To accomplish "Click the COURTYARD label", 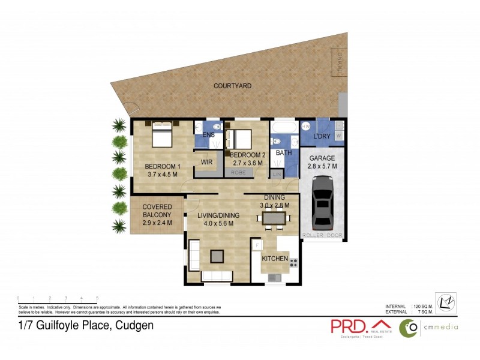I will [x=232, y=86].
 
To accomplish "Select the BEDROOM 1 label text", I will [x=163, y=166].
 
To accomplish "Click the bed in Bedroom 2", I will [x=240, y=139].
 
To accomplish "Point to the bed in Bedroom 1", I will [x=163, y=134].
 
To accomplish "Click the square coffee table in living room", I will [x=216, y=256].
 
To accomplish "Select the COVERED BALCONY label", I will [x=157, y=211].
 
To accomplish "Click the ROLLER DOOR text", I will [x=322, y=236].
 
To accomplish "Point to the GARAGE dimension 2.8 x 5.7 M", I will [x=322, y=166].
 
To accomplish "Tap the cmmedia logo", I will [x=431, y=326].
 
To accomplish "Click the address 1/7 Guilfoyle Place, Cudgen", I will [x=86, y=326].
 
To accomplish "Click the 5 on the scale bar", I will [x=97, y=298].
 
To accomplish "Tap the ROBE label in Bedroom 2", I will [x=238, y=172].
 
